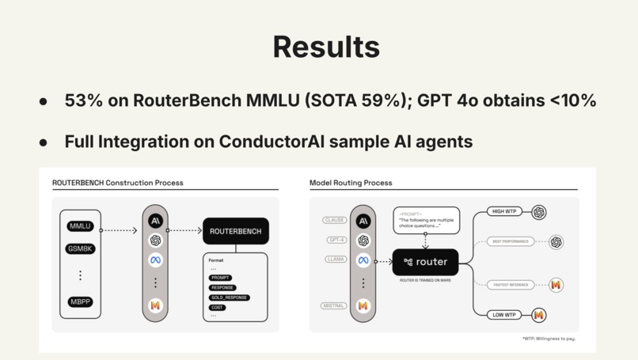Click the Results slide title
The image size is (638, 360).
(x=326, y=47)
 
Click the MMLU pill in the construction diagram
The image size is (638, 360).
(x=80, y=226)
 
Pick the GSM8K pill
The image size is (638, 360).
(x=80, y=249)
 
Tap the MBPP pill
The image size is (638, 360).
(x=80, y=301)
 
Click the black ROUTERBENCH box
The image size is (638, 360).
(x=235, y=231)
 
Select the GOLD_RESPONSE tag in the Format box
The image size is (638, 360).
(x=229, y=297)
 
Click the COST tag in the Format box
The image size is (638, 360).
(x=217, y=308)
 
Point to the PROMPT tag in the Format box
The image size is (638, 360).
(x=220, y=278)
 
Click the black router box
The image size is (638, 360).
(x=425, y=262)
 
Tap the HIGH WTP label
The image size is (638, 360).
(x=503, y=212)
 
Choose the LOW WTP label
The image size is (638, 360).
(x=503, y=315)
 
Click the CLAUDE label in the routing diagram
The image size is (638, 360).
(x=335, y=220)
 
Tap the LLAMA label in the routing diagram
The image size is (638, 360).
(x=335, y=259)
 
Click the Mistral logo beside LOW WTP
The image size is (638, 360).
(x=539, y=315)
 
